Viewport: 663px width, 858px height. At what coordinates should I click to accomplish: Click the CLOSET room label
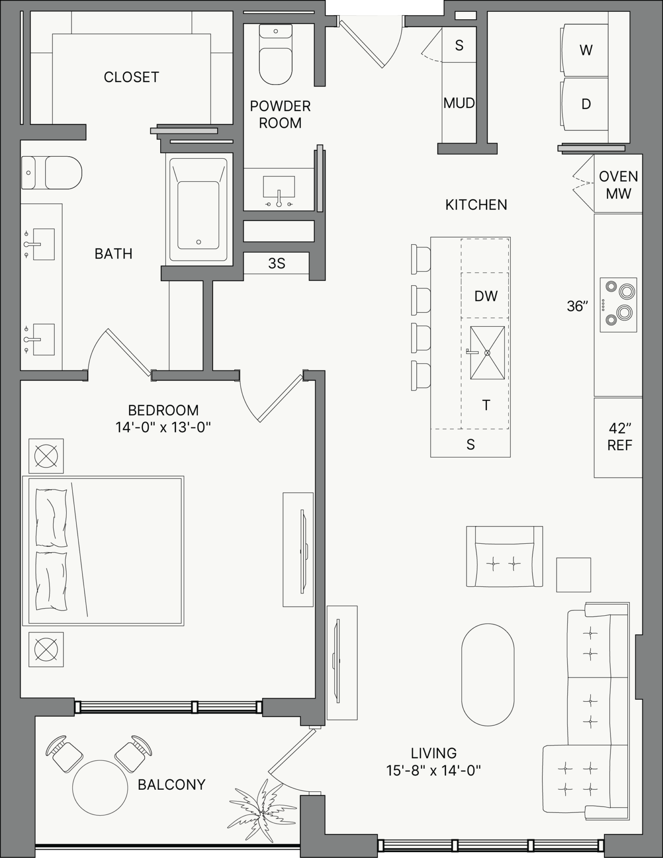click(131, 77)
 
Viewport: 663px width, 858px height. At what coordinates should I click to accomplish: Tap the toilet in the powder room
click(276, 54)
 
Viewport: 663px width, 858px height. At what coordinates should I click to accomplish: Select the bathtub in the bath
click(198, 210)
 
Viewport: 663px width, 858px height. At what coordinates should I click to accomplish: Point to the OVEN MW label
click(619, 185)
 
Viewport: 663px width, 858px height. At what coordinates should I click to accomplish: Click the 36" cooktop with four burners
click(618, 305)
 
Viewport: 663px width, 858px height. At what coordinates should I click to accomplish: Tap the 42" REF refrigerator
click(618, 437)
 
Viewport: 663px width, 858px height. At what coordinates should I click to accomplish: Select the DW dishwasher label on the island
click(486, 296)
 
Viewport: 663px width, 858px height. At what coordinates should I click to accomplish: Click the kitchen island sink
click(487, 353)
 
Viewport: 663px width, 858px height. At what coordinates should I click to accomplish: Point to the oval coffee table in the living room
click(488, 675)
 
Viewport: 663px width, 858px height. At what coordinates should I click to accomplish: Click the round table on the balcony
click(100, 788)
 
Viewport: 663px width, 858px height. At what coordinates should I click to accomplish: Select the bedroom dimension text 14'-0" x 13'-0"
click(163, 427)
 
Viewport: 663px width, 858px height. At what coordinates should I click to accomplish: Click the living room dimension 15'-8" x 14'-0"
click(434, 770)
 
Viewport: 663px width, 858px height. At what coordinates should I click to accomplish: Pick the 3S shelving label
click(276, 263)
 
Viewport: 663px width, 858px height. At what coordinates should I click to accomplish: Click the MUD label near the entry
click(459, 103)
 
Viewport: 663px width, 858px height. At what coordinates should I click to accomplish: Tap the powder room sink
click(279, 190)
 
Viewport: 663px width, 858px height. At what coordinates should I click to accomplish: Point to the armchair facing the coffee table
click(504, 556)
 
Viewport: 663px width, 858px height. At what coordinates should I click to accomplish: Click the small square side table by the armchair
click(573, 575)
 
